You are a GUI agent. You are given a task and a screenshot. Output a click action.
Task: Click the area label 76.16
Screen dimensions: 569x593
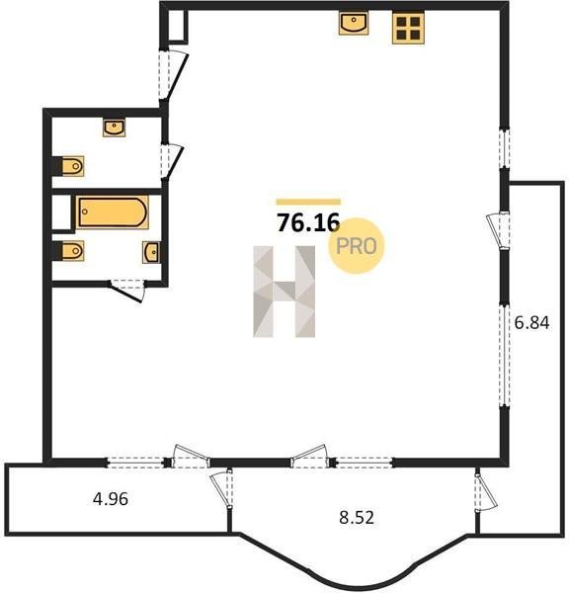(x=308, y=222)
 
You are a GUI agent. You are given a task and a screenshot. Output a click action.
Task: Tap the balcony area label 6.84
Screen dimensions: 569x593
(x=531, y=323)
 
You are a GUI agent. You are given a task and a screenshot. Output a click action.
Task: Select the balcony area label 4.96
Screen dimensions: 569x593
(x=111, y=499)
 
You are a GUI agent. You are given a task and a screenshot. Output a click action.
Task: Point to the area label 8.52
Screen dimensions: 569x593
(x=357, y=517)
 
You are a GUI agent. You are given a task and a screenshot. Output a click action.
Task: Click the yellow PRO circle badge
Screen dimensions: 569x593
(x=357, y=246)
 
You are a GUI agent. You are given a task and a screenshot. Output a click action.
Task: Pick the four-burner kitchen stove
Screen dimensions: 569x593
(x=408, y=28)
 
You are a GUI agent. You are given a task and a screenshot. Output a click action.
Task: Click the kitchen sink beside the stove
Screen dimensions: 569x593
(x=354, y=23)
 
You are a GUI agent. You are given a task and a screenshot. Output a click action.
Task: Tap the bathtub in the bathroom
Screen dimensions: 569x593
(x=113, y=212)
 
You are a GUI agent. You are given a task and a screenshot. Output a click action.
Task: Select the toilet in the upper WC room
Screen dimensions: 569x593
(x=72, y=166)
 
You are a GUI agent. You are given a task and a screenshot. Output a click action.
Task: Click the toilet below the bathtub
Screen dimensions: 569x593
(x=72, y=250)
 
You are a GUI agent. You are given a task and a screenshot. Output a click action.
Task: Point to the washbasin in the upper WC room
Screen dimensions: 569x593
(x=115, y=127)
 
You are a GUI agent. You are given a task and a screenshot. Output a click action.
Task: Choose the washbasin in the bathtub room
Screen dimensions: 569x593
(x=151, y=252)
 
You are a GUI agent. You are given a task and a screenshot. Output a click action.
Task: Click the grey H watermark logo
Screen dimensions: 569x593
(x=284, y=292)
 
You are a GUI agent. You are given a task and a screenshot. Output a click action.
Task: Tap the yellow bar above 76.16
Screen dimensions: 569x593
(x=308, y=202)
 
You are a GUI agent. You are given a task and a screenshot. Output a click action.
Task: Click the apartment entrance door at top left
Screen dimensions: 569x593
(x=173, y=75)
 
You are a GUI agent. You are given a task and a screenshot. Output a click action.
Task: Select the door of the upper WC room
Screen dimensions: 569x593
(x=172, y=162)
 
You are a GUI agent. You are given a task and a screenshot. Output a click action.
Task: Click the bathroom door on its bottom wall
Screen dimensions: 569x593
(x=127, y=291)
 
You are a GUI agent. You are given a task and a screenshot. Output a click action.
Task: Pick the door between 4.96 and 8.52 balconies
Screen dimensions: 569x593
(x=222, y=490)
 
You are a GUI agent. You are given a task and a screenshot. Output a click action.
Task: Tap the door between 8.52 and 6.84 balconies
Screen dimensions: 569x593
(x=486, y=490)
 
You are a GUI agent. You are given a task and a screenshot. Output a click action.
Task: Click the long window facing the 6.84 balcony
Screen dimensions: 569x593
(x=505, y=355)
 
